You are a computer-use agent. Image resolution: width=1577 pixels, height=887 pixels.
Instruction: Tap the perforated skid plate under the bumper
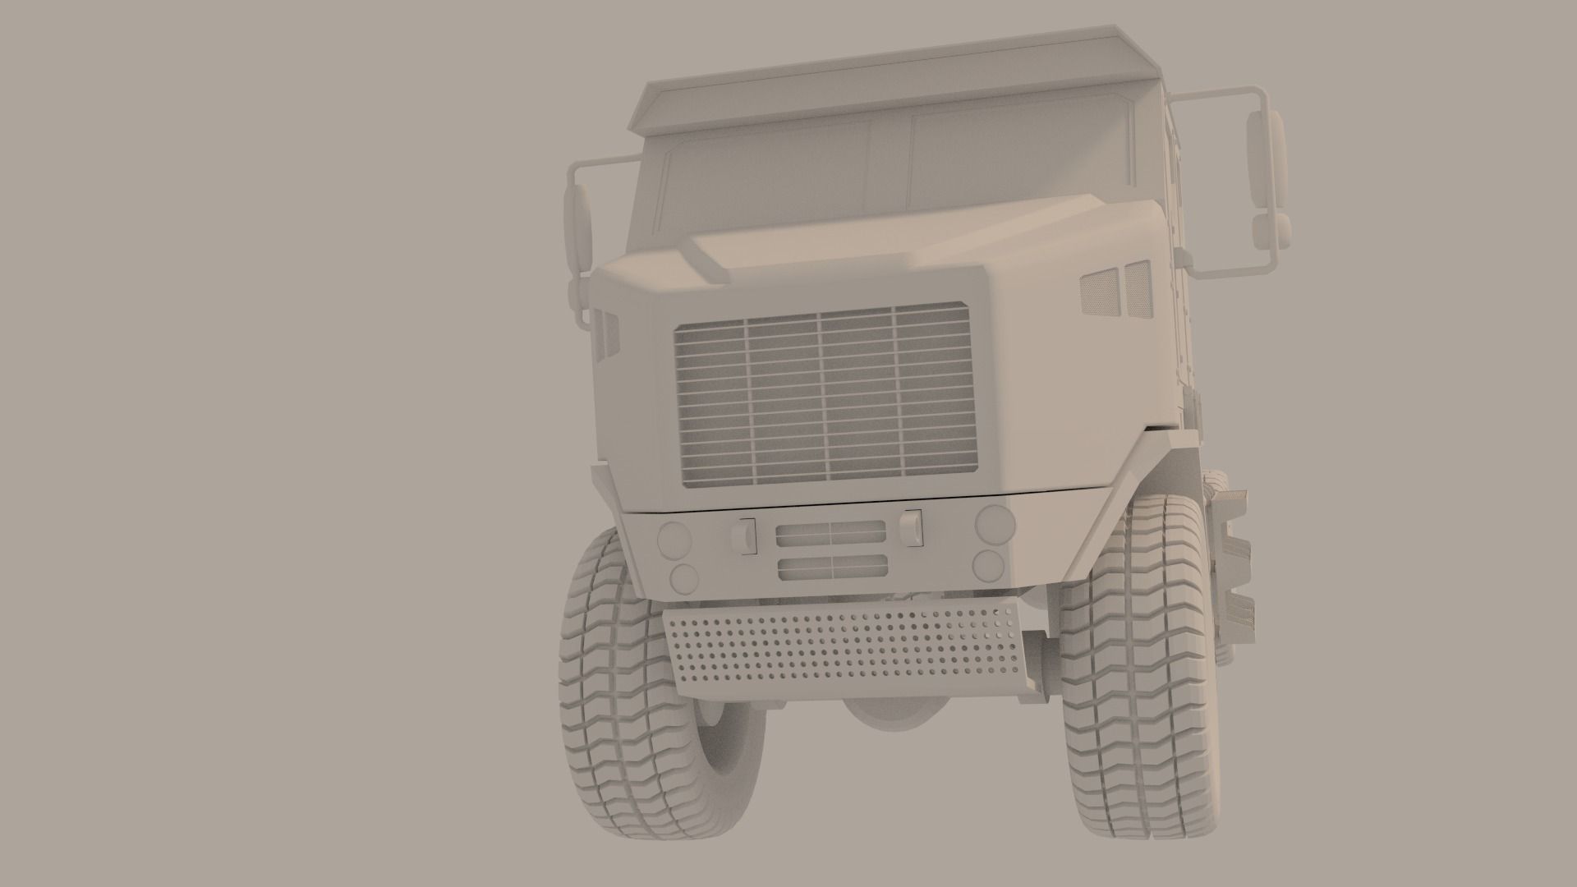coord(846,649)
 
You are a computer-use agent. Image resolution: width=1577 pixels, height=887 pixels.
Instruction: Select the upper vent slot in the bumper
coord(831,533)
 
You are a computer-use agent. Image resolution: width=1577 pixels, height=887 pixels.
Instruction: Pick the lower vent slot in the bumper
coord(831,566)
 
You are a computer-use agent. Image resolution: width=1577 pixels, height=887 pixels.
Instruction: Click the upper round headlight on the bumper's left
coord(675,539)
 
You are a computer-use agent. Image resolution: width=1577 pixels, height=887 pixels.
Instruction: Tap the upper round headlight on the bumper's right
coord(995,522)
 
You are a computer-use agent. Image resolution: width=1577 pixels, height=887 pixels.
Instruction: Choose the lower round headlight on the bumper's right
coord(988,564)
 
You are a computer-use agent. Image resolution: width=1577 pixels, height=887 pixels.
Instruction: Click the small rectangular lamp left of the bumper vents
coord(744,536)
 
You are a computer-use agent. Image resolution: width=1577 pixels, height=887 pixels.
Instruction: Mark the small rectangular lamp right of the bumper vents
coord(911,527)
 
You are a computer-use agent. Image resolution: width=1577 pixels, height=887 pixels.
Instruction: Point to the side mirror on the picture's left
coord(578,226)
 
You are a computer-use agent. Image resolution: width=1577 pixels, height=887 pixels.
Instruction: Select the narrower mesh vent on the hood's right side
coord(1138,289)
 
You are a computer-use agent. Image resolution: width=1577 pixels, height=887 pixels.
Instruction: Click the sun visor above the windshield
coord(879,78)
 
